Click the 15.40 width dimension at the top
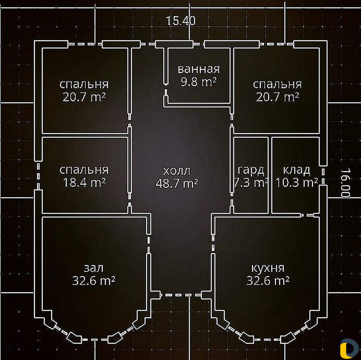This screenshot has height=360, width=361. click(x=181, y=21)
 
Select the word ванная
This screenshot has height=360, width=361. click(x=199, y=69)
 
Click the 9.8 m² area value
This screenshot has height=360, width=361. click(x=199, y=82)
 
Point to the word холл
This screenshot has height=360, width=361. click(x=177, y=171)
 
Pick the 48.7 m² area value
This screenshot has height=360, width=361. click(x=177, y=184)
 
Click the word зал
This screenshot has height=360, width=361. click(x=94, y=268)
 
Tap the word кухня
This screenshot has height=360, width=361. click(x=268, y=268)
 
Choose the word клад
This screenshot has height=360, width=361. click(x=296, y=170)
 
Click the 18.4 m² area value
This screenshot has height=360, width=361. click(x=84, y=183)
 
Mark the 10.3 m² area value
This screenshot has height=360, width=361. click(x=296, y=183)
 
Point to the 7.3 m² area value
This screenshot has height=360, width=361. click(x=251, y=183)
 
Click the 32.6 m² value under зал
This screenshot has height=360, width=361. click(x=94, y=281)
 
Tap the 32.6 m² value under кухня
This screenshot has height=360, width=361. click(x=268, y=281)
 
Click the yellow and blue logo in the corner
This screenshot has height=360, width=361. click(x=349, y=349)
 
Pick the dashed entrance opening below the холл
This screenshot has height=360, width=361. click(x=181, y=295)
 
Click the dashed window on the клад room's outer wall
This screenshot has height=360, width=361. click(x=323, y=176)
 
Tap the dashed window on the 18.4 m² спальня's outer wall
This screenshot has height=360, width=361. click(x=38, y=176)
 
